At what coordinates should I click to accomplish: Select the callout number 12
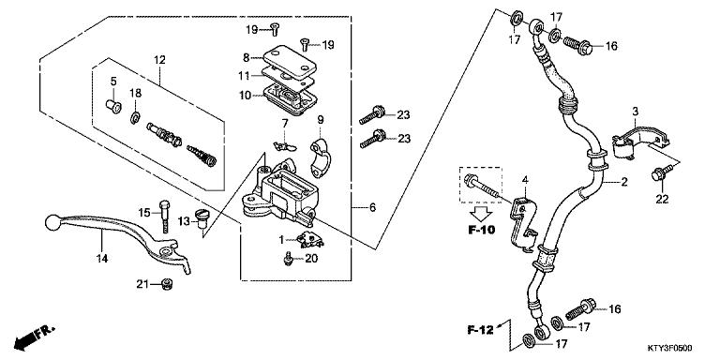pyautogui.click(x=158, y=60)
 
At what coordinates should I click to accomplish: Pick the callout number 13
pyautogui.click(x=185, y=220)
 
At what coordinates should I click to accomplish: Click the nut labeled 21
pyautogui.click(x=167, y=284)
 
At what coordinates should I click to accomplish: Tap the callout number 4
pyautogui.click(x=525, y=180)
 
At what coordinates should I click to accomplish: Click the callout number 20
pyautogui.click(x=312, y=259)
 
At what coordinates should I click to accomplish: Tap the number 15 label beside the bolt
pyautogui.click(x=144, y=211)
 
